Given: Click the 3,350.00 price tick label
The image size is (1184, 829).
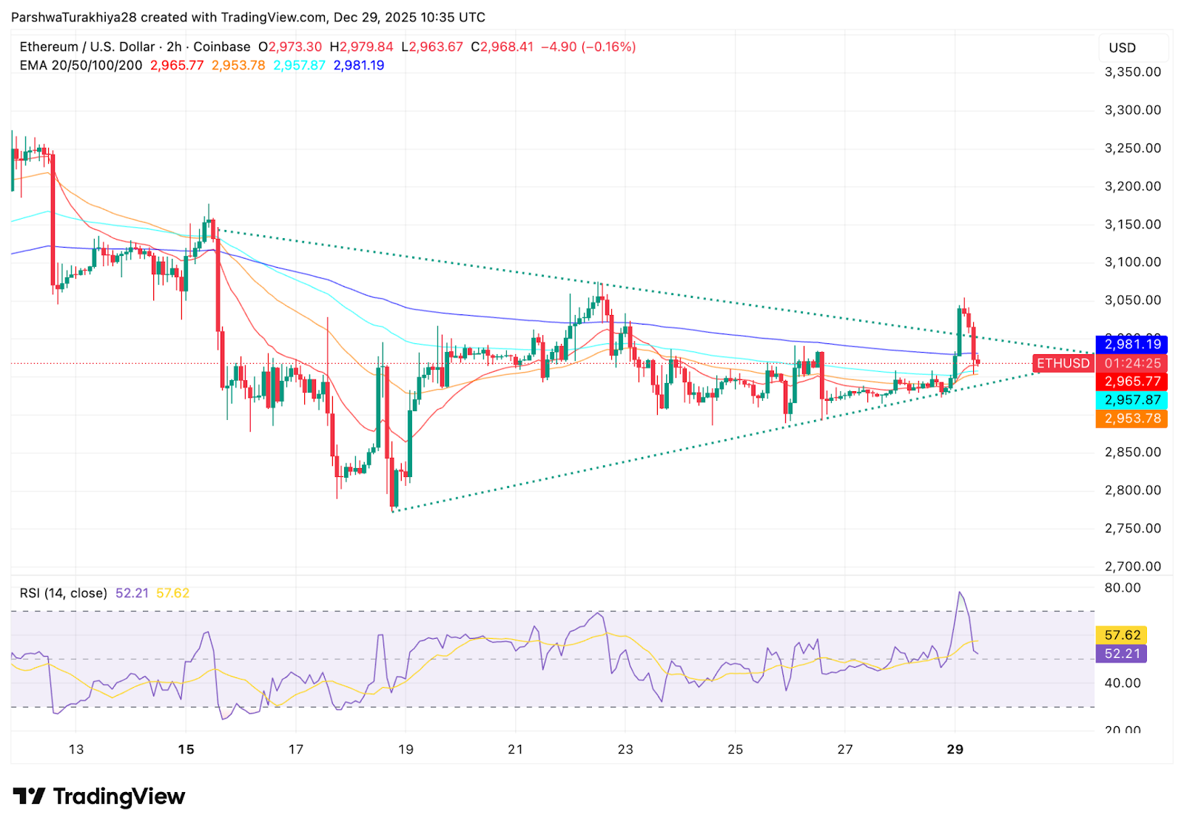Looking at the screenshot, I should pyautogui.click(x=1132, y=72).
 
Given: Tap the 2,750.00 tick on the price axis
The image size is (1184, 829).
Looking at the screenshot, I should pyautogui.click(x=1132, y=528).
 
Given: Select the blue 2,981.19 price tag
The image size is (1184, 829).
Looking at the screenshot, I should pyautogui.click(x=1132, y=345).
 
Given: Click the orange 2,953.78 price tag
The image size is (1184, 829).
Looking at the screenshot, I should pyautogui.click(x=1132, y=419).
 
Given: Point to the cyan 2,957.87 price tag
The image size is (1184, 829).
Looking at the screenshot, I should pyautogui.click(x=1132, y=400).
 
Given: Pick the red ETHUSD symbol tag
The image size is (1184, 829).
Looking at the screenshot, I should pyautogui.click(x=1063, y=363).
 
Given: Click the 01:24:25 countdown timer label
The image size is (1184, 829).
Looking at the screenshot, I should pyautogui.click(x=1132, y=363).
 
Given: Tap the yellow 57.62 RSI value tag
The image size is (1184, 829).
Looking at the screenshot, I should pyautogui.click(x=1122, y=635).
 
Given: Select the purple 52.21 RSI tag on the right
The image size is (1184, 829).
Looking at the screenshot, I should pyautogui.click(x=1122, y=654).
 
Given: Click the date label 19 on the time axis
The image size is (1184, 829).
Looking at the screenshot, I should pyautogui.click(x=406, y=749).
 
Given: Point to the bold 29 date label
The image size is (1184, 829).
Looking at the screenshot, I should pyautogui.click(x=955, y=749).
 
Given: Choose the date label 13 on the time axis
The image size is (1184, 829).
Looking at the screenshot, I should pyautogui.click(x=76, y=749).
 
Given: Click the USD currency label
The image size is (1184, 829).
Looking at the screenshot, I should pyautogui.click(x=1122, y=48).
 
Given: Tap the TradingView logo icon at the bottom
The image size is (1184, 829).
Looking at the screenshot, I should pyautogui.click(x=30, y=796).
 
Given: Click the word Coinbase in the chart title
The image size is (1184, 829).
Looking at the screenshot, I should pyautogui.click(x=222, y=47).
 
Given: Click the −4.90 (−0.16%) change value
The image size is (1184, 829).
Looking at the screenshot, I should pyautogui.click(x=588, y=47).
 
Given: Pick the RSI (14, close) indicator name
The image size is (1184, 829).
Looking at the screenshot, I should pyautogui.click(x=64, y=593).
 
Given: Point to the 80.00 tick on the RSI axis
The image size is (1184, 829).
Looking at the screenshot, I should pyautogui.click(x=1123, y=588).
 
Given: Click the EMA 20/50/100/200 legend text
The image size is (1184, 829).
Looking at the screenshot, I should pyautogui.click(x=81, y=65).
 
